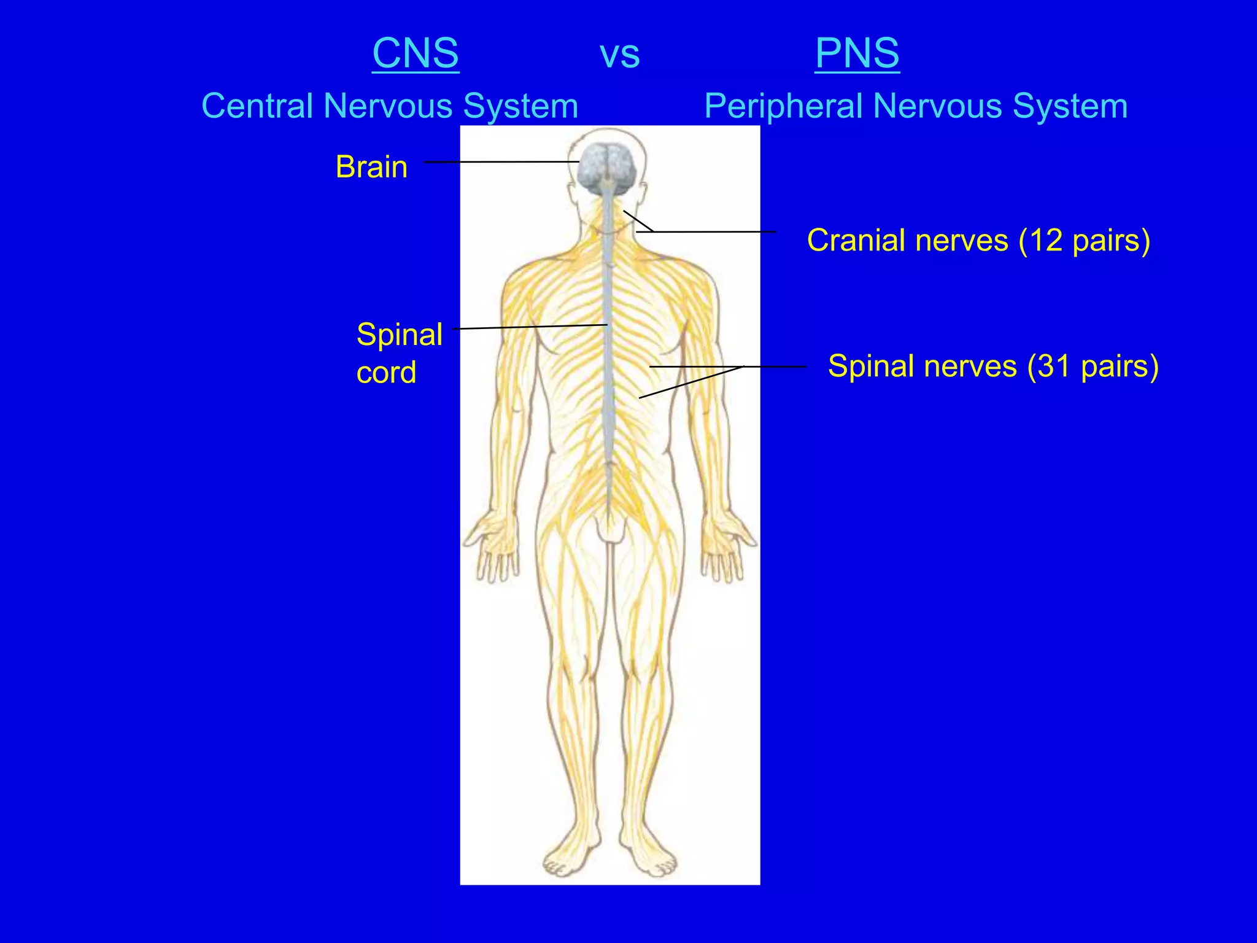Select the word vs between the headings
point(619,55)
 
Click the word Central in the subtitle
point(257,106)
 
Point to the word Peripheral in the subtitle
point(784,107)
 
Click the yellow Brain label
point(371,167)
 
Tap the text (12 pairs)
point(1084,241)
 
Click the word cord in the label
point(386,373)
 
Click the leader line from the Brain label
point(500,162)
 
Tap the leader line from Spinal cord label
point(531,327)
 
